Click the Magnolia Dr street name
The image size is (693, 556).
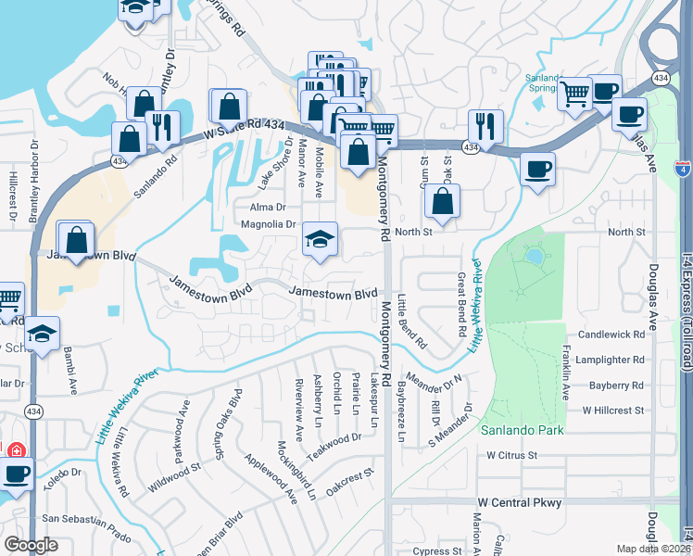[x=267, y=223]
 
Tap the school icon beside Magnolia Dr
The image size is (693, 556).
[x=320, y=241]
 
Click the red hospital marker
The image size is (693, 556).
[x=15, y=451]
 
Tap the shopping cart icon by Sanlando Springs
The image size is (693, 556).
[x=574, y=93]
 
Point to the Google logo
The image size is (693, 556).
[x=31, y=545]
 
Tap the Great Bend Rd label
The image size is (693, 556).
[x=460, y=303]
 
